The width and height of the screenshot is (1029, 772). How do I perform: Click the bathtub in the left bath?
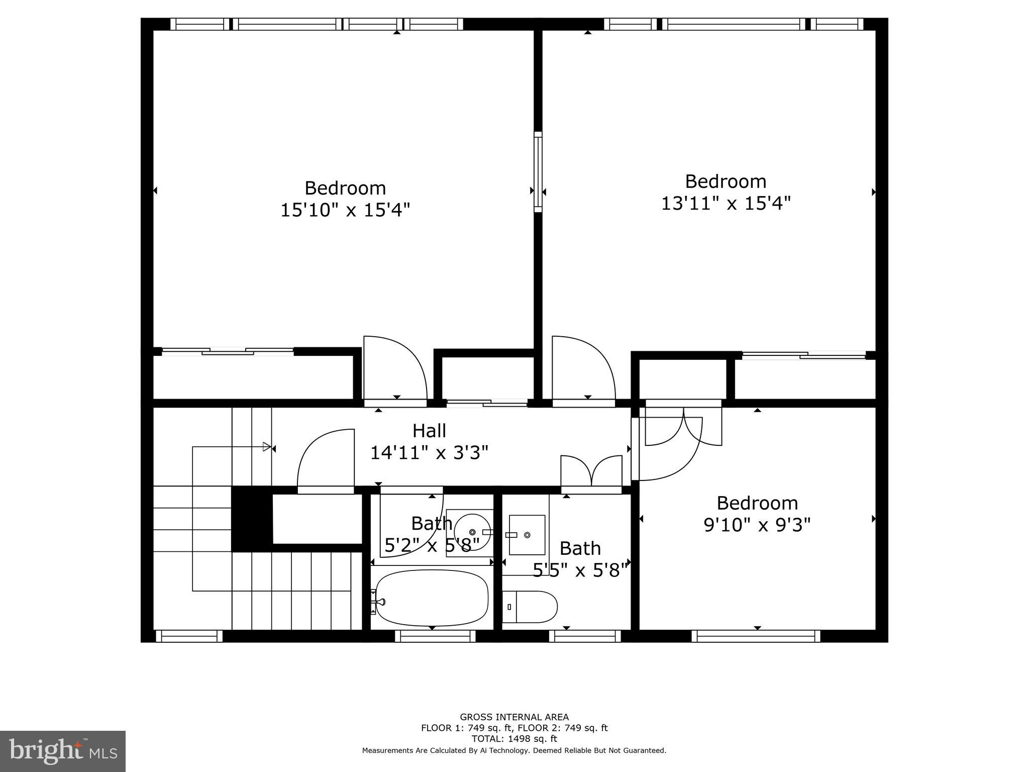tap(432, 598)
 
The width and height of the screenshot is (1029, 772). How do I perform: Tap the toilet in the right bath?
tap(530, 606)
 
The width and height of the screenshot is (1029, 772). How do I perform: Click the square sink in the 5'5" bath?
tap(527, 535)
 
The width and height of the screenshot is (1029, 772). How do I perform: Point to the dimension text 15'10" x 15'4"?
tap(345, 210)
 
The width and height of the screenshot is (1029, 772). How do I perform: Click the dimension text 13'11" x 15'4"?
tap(726, 203)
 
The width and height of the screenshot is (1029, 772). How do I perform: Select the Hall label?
tap(429, 431)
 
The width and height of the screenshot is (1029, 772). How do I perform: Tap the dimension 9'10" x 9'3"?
tap(757, 525)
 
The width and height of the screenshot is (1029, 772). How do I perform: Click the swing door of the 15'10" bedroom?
tap(395, 369)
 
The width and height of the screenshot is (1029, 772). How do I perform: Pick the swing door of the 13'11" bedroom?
tap(583, 369)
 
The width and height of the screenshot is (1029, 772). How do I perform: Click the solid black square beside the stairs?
tap(251, 519)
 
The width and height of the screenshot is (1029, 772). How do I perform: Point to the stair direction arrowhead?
tap(267, 446)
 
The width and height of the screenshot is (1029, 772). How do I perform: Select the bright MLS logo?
tap(63, 751)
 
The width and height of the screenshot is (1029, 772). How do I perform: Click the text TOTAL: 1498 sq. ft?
tap(514, 739)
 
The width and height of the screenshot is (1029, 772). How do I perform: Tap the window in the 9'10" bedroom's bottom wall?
tap(756, 636)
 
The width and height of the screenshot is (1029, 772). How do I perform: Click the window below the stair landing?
tap(189, 636)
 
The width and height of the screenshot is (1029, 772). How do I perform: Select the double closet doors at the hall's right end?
tap(591, 471)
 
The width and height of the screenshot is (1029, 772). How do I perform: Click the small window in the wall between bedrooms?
tap(538, 172)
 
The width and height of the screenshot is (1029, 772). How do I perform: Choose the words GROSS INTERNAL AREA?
tap(514, 717)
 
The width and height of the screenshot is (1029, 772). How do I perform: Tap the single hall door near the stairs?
tap(326, 460)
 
